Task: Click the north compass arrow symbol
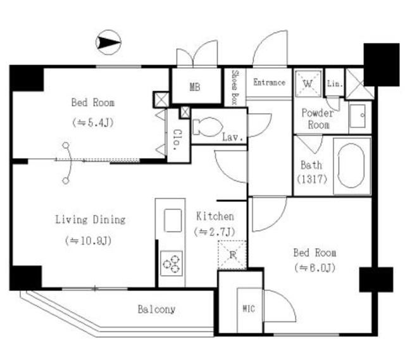[108, 42]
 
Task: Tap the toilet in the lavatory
[208, 127]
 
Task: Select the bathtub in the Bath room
[351, 166]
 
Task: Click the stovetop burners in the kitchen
[171, 263]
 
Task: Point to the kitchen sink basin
[173, 220]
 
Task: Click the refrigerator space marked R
[232, 255]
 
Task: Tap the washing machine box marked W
[308, 84]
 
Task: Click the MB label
[195, 87]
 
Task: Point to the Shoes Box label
[235, 87]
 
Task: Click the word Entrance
[269, 82]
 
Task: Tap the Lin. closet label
[335, 84]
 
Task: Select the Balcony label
[156, 309]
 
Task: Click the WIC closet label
[249, 309]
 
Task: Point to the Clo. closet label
[178, 140]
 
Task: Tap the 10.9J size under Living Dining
[89, 241]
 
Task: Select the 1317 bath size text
[312, 179]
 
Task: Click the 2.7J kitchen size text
[215, 232]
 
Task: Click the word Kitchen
[215, 216]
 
